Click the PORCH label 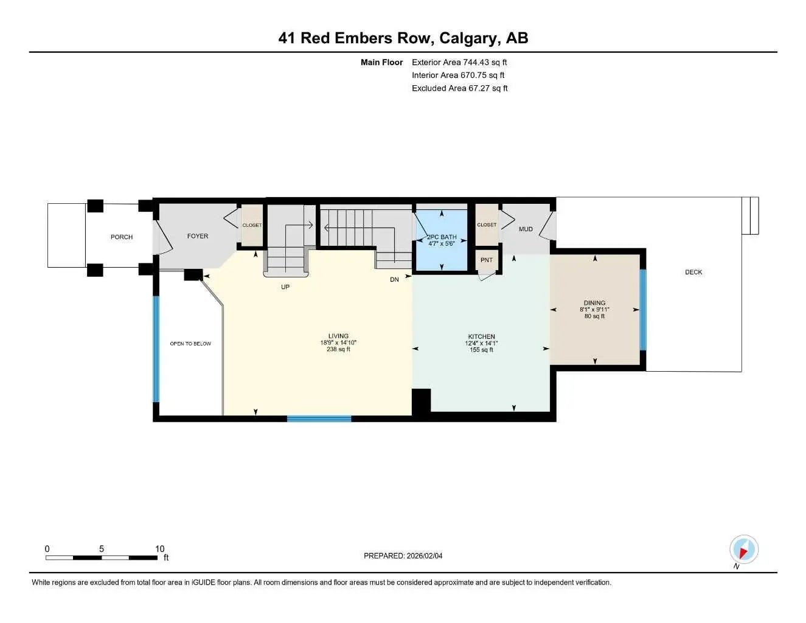tap(122, 237)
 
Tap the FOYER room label tap(197, 236)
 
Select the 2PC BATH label tap(442, 237)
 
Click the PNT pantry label tap(487, 260)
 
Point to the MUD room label tap(526, 229)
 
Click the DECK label tap(693, 272)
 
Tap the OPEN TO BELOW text tap(190, 344)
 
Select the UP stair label tap(285, 287)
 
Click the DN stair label tap(394, 279)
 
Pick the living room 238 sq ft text tap(338, 349)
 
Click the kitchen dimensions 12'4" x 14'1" tap(481, 343)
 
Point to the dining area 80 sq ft tap(594, 316)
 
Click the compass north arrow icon tap(743, 550)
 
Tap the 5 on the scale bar tap(102, 549)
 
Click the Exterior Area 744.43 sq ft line tap(459, 62)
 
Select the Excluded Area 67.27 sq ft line tap(459, 88)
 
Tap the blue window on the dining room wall tap(643, 310)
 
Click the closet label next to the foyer tap(252, 225)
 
